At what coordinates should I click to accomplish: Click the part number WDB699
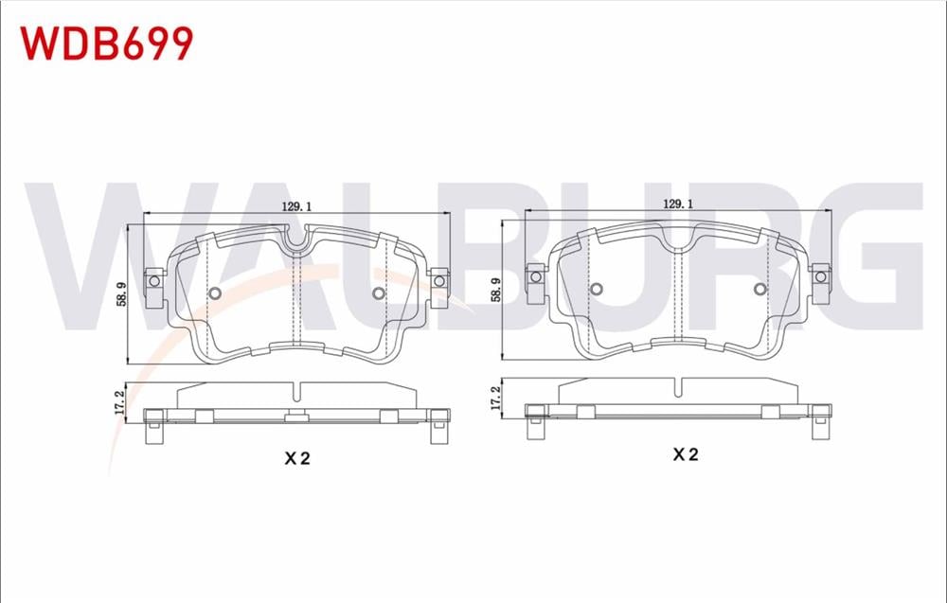tap(107, 43)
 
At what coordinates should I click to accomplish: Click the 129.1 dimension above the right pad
tap(677, 204)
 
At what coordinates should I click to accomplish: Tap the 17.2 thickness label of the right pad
tap(496, 395)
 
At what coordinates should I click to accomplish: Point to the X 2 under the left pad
tap(297, 458)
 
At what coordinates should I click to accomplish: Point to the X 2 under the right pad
tap(685, 454)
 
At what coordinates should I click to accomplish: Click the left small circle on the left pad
tap(213, 293)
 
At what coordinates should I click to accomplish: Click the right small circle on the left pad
tap(379, 293)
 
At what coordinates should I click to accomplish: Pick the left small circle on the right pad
tap(597, 289)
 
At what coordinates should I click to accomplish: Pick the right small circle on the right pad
tap(760, 289)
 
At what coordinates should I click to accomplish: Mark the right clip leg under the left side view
tap(438, 433)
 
